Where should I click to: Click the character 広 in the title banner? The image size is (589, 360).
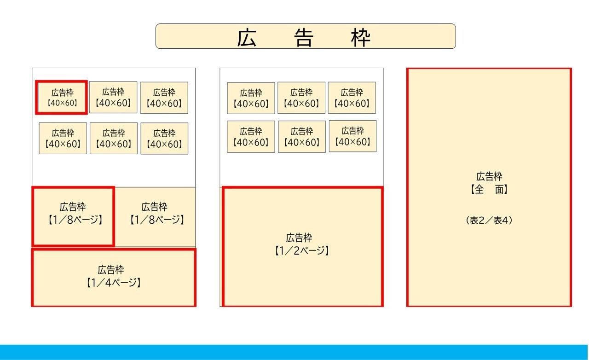click(247, 38)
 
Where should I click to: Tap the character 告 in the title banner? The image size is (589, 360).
click(304, 38)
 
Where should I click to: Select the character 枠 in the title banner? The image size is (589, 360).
click(360, 38)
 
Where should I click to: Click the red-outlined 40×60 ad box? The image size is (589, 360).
click(62, 97)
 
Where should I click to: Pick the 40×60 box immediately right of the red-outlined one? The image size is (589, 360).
click(113, 97)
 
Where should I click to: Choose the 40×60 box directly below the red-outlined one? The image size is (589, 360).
click(63, 138)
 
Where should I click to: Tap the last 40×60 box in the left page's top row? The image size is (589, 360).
click(164, 98)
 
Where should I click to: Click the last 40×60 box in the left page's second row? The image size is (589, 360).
click(164, 138)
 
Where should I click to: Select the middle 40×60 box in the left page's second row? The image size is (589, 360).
click(114, 138)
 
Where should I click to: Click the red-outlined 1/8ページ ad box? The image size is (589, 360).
click(73, 216)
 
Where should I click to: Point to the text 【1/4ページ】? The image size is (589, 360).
click(113, 283)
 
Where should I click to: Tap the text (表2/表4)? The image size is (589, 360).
click(489, 221)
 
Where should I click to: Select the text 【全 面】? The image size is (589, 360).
click(489, 189)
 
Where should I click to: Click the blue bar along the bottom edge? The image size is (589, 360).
click(294, 352)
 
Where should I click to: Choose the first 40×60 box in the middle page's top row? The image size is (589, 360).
click(251, 98)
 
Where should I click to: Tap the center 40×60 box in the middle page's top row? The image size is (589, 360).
click(301, 98)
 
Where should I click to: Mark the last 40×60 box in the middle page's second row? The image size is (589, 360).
click(352, 136)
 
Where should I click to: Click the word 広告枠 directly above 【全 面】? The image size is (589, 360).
click(489, 176)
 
